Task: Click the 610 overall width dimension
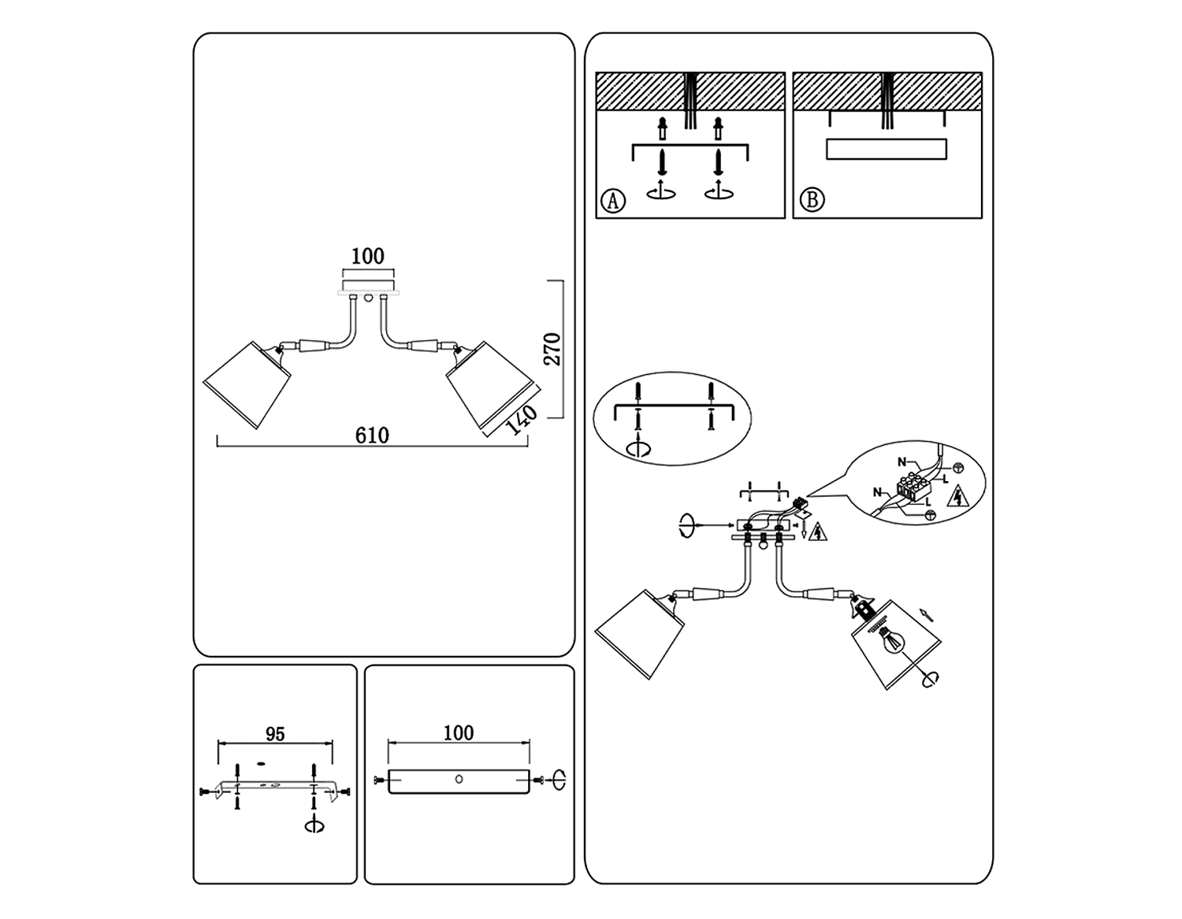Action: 372,435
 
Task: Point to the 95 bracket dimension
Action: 275,734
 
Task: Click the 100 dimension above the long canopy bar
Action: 459,733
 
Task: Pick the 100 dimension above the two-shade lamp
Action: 367,256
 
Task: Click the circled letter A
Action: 613,201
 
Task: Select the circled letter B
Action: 812,200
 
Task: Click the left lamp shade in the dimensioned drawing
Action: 247,384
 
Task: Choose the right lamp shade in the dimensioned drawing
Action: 491,384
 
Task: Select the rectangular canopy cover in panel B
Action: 886,149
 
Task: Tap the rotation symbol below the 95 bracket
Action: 317,825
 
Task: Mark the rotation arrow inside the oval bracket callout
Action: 638,447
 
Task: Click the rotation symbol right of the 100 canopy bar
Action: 559,780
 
